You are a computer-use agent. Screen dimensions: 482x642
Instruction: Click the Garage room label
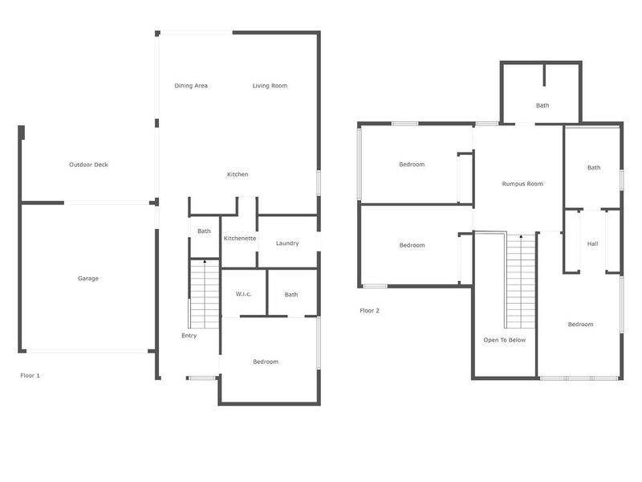point(88,279)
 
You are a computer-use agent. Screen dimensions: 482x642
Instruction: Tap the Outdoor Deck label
point(88,165)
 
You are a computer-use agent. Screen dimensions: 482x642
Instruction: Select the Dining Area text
point(191,85)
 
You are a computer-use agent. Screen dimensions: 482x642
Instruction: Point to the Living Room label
point(270,85)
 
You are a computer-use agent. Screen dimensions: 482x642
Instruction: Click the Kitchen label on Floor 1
point(238,174)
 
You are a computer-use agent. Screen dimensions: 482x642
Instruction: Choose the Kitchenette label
point(239,239)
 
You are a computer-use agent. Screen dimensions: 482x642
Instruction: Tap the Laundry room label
point(287,243)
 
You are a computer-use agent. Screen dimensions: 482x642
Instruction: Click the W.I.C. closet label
point(244,294)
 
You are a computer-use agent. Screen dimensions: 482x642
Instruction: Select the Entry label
point(189,336)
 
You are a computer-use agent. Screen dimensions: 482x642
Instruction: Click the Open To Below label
point(504,340)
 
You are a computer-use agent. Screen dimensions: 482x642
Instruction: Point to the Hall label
point(592,244)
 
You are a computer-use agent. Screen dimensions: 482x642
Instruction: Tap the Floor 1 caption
point(30,375)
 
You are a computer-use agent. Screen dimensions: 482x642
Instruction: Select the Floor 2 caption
point(369,310)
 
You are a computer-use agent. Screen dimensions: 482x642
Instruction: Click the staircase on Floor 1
point(205,293)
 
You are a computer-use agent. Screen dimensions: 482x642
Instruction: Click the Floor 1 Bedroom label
point(266,361)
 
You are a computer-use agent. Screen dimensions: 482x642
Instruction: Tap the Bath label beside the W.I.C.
point(291,295)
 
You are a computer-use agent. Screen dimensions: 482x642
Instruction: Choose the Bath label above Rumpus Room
point(542,105)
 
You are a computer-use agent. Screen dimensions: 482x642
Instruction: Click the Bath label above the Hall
point(593,168)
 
